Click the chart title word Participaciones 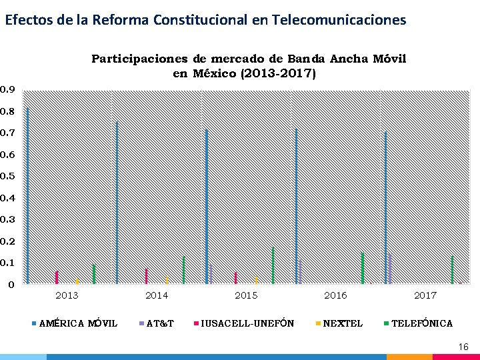(x=139, y=59)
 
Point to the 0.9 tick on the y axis (x=7, y=89)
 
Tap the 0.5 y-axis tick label (x=7, y=176)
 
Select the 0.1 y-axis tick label (x=7, y=263)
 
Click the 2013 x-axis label (x=67, y=295)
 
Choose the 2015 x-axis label (x=246, y=295)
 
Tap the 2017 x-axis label (x=425, y=295)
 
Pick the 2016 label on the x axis (x=335, y=295)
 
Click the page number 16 (x=463, y=347)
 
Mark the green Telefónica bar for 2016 (x=363, y=268)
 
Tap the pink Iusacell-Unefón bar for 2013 (x=57, y=277)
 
